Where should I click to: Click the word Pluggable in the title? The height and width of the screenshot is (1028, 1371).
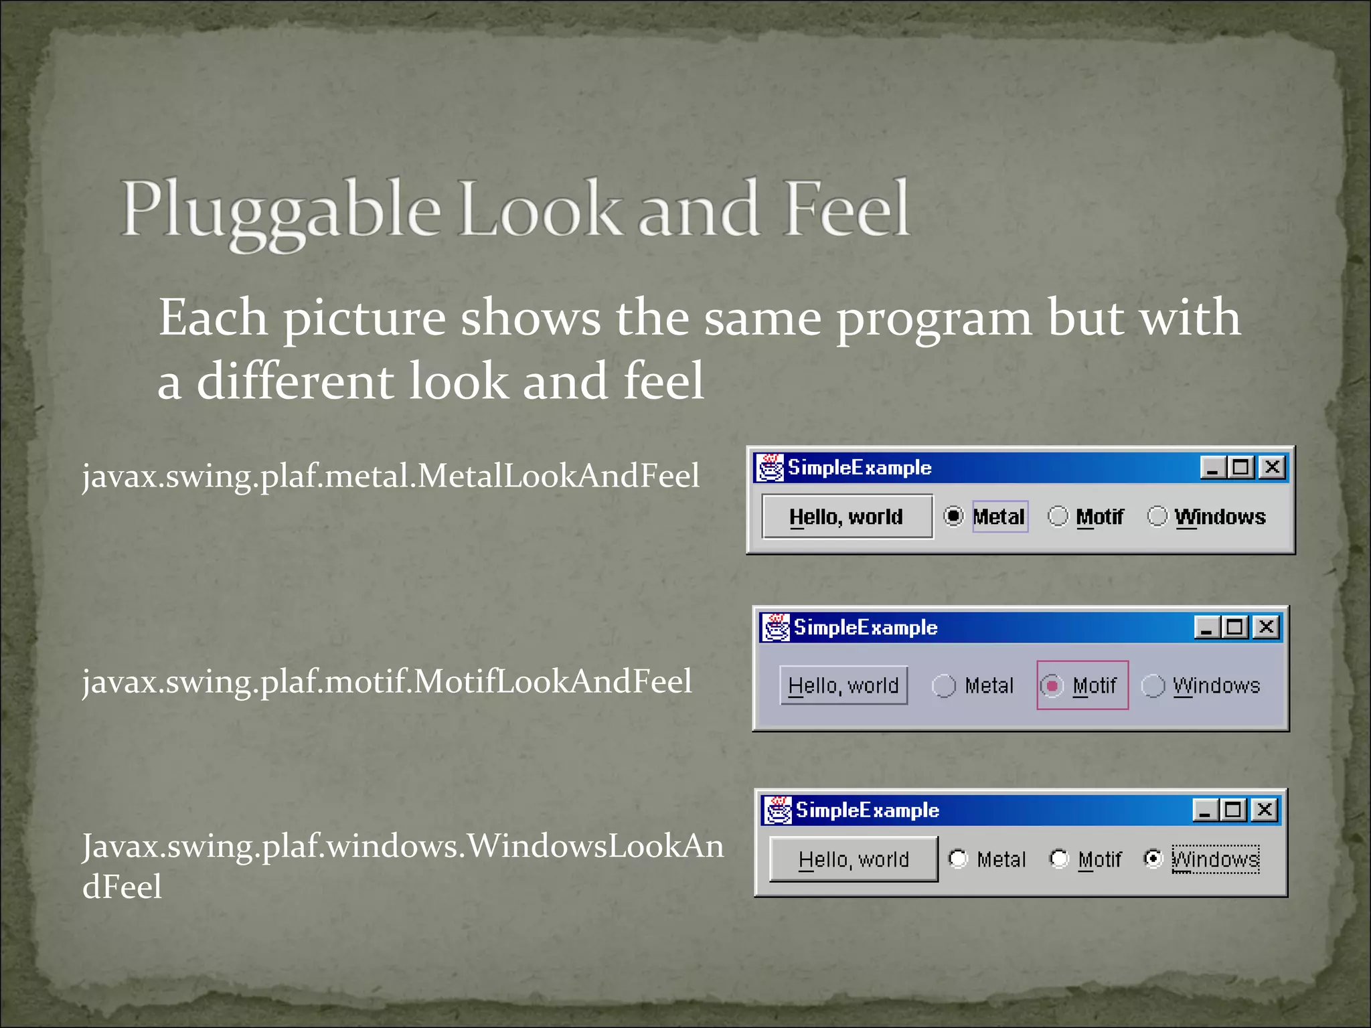click(x=281, y=211)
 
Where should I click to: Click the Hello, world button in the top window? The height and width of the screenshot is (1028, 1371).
click(x=847, y=516)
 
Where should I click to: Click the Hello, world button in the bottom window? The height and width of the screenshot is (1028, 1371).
click(x=854, y=859)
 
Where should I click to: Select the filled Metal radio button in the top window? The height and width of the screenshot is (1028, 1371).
click(x=953, y=516)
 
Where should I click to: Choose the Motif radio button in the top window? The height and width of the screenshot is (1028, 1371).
click(x=1058, y=516)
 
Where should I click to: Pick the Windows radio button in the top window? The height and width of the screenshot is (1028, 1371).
click(x=1157, y=516)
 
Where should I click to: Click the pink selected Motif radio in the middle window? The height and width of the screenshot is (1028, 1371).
click(x=1052, y=685)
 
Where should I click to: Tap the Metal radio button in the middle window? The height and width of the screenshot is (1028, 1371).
click(x=944, y=685)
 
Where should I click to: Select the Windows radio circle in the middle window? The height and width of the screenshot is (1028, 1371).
click(x=1153, y=685)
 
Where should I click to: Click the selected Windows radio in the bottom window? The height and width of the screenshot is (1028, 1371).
click(x=1153, y=859)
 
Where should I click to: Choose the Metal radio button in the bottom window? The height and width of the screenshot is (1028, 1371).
click(x=958, y=859)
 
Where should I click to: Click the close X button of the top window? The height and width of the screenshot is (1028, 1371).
click(x=1272, y=466)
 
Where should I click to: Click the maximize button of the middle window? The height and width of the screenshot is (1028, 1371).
click(x=1234, y=627)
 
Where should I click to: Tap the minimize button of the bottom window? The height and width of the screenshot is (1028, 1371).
click(x=1204, y=810)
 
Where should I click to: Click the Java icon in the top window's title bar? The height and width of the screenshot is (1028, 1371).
click(x=770, y=467)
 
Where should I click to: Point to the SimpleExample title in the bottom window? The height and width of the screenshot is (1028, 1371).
click(x=867, y=810)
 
